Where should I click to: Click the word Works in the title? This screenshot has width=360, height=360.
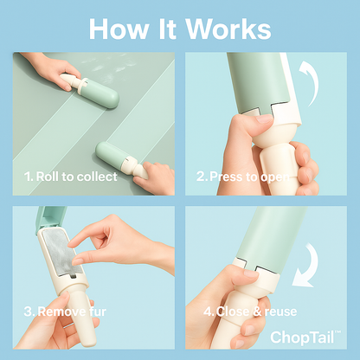pyautogui.click(x=228, y=29)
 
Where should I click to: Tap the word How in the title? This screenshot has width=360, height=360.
pyautogui.click(x=118, y=29)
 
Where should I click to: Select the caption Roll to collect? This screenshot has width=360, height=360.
pyautogui.click(x=71, y=177)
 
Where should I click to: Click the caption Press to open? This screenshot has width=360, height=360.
pyautogui.click(x=242, y=177)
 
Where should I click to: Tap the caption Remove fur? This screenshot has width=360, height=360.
pyautogui.click(x=65, y=312)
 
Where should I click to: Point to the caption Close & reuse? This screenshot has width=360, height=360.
pyautogui.click(x=250, y=312)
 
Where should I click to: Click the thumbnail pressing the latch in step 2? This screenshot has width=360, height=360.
pyautogui.click(x=264, y=119)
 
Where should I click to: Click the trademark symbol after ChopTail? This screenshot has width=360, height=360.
pyautogui.click(x=337, y=332)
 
